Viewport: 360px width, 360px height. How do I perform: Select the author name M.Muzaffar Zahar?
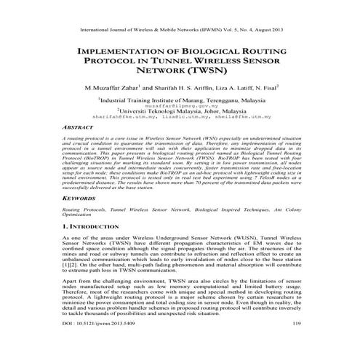[111, 88]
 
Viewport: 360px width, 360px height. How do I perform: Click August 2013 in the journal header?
[265, 29]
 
